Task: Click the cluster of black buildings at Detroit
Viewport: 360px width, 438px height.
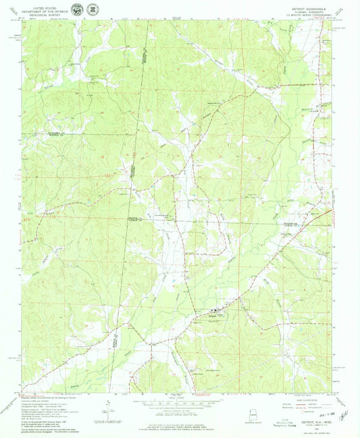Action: [x=203, y=313]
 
